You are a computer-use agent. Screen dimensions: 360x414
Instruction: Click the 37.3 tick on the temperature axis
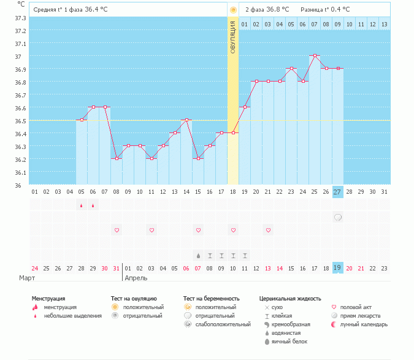[x=20, y=18]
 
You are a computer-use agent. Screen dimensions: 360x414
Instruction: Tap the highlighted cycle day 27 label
[x=338, y=192]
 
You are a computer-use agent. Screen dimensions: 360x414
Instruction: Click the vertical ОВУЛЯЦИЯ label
[x=233, y=37]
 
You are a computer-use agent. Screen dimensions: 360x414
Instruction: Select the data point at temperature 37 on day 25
[x=315, y=56]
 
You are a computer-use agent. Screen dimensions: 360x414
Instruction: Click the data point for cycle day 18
[x=233, y=133]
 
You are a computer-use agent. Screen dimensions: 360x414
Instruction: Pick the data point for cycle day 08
[x=117, y=158]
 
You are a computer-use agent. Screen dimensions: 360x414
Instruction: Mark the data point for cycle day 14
[x=186, y=120]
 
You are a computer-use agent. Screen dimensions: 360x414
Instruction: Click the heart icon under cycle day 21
[x=268, y=230]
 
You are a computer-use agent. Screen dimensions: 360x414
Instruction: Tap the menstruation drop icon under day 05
[x=81, y=205]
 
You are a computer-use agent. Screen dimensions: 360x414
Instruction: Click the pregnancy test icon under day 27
[x=338, y=217]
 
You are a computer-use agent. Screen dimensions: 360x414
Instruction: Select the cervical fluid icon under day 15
[x=198, y=255]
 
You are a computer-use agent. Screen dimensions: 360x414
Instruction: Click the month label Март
[x=26, y=278]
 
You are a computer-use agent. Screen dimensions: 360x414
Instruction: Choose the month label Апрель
[x=136, y=278]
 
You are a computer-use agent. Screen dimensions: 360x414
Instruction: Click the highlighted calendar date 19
[x=338, y=267]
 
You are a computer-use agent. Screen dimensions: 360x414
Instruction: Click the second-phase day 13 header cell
[x=384, y=24]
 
